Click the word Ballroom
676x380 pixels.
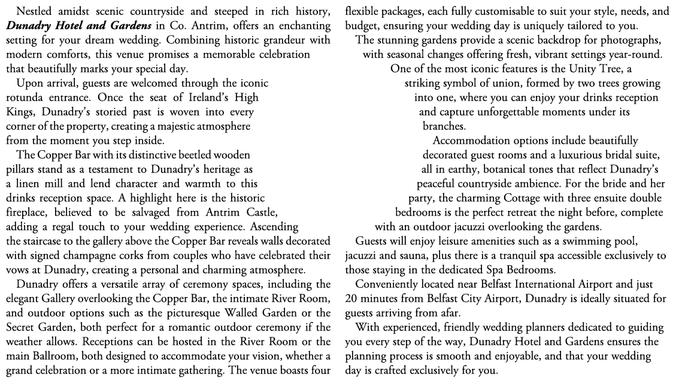51,356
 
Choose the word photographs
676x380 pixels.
629,40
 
